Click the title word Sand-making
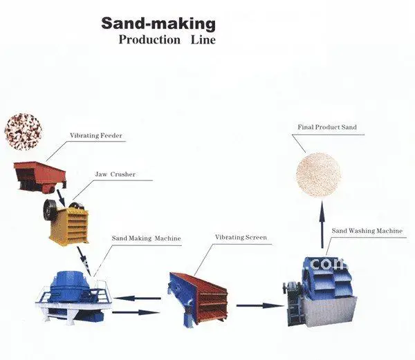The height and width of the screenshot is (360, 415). [158, 23]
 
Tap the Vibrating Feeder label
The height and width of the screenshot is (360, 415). [95, 135]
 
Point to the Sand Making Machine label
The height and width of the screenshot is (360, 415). [146, 238]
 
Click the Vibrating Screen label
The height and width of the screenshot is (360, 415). [240, 238]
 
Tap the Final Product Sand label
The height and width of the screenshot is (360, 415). [327, 128]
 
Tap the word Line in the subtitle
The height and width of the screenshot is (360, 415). [203, 39]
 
